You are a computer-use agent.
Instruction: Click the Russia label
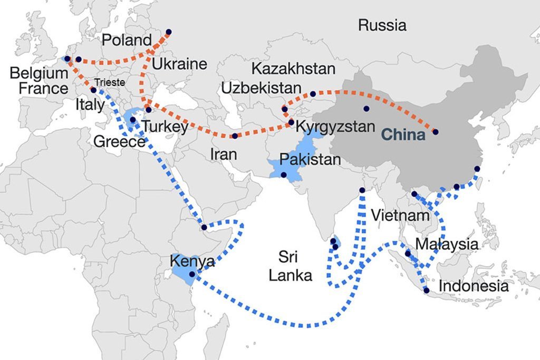tap(382, 25)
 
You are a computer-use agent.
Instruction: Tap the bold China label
tap(403, 134)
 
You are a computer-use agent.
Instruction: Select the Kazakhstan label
tap(293, 69)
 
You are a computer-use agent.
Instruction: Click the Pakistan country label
tap(310, 159)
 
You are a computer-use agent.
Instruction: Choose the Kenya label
tap(192, 261)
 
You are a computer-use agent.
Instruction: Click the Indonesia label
tap(474, 286)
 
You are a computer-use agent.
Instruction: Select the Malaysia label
tap(447, 244)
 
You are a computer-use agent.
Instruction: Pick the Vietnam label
tap(400, 215)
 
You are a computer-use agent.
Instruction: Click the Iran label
tap(223, 154)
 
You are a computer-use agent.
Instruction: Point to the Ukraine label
tap(179, 65)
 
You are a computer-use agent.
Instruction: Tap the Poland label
tap(127, 40)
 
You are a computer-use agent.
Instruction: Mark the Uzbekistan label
tap(261, 87)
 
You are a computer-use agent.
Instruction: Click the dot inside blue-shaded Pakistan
tap(284, 175)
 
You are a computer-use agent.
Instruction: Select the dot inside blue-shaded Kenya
tap(192, 274)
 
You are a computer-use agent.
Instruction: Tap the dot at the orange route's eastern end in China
tap(435, 132)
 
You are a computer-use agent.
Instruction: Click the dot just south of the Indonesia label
tap(426, 290)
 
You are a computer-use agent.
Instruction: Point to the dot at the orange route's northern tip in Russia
tap(168, 32)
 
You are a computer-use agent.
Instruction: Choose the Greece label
tap(119, 142)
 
